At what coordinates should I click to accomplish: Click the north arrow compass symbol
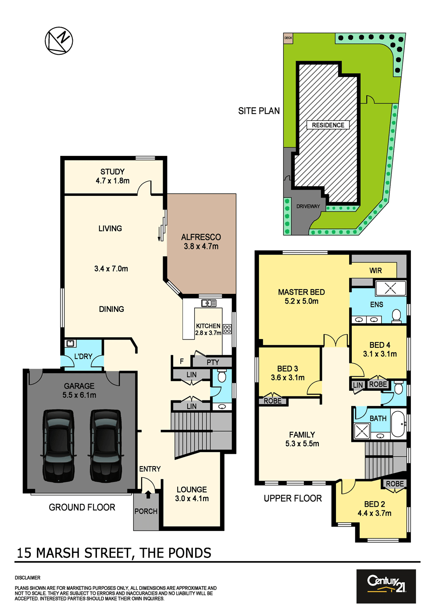[59, 41]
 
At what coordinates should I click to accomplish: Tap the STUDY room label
[112, 172]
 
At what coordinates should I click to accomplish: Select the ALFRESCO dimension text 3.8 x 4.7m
[201, 246]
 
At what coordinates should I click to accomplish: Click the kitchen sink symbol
[209, 303]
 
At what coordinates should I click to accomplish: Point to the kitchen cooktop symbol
[227, 329]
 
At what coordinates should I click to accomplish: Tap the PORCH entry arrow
[148, 494]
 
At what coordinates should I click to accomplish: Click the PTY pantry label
[213, 362]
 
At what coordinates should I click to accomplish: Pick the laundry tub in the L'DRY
[71, 343]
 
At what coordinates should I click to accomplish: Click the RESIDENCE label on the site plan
[328, 125]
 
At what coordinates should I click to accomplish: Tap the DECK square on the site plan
[288, 38]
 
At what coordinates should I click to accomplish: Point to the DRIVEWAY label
[308, 206]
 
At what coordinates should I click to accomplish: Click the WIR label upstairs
[375, 270]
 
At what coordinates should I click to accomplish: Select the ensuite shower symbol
[390, 288]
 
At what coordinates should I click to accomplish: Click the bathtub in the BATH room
[399, 424]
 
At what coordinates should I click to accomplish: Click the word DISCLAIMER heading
[28, 578]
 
